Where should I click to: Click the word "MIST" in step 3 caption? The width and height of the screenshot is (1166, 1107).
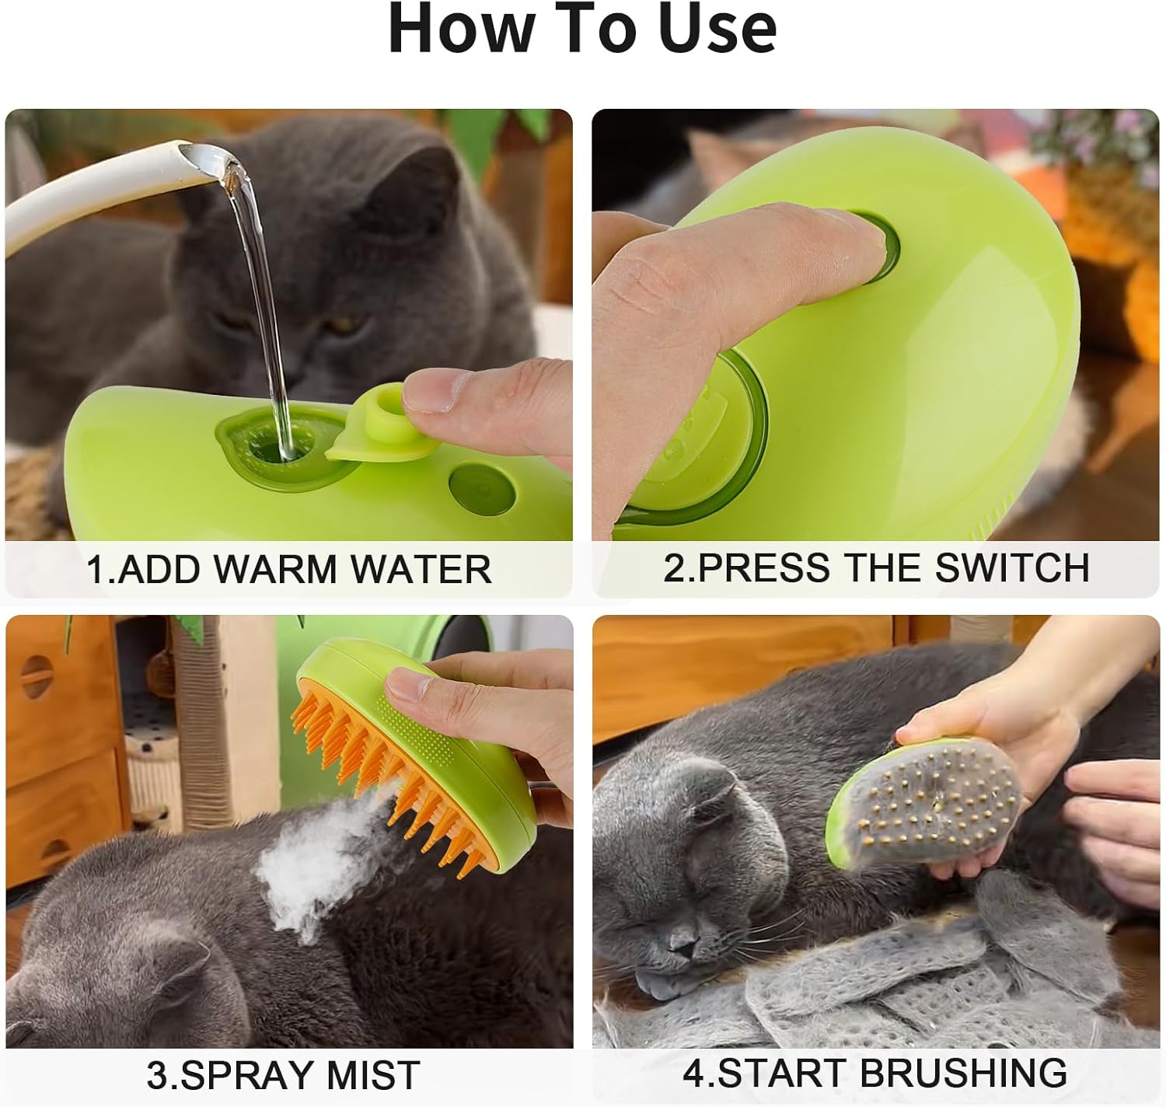tap(373, 1075)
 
